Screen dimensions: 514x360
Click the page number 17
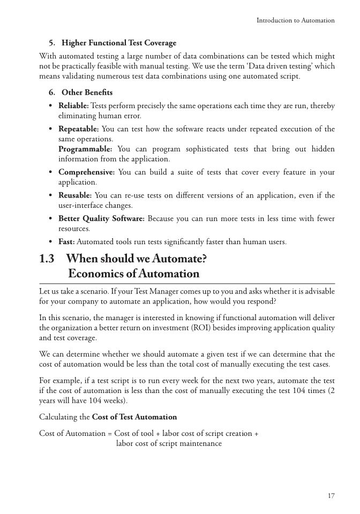point(331,496)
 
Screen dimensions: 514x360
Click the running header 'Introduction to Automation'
point(296,20)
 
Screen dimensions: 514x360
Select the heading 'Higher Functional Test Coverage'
point(119,42)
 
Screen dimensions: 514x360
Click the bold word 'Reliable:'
point(73,106)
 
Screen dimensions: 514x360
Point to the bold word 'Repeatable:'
point(78,129)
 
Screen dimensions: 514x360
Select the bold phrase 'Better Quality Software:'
point(101,218)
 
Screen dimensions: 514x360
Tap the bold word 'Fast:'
point(67,242)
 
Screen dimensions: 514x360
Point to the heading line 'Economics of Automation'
point(134,274)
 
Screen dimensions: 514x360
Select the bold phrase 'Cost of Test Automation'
point(134,417)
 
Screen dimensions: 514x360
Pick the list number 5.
point(51,42)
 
